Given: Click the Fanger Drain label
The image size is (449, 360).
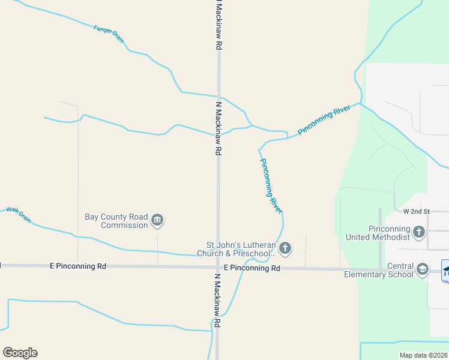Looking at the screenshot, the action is click(109, 33).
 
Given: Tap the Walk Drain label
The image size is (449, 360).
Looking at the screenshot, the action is click(18, 214).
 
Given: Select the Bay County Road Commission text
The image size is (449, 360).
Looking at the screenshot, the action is click(116, 221).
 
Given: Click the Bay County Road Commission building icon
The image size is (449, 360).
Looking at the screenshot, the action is click(157, 221).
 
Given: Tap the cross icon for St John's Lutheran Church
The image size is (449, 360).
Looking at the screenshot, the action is click(285, 248).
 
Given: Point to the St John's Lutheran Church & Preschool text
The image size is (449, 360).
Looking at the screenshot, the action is click(241, 249).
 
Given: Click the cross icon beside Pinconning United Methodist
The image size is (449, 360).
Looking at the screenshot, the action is click(419, 232).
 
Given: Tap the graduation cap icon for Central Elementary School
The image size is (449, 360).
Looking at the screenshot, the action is click(422, 269).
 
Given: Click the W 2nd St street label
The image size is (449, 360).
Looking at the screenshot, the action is click(417, 211).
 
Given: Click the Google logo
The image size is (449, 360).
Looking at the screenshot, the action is click(20, 353).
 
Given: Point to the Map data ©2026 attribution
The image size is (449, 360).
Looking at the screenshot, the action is click(424, 355).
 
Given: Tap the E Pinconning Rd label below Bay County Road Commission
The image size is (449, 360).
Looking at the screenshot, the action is click(77, 265).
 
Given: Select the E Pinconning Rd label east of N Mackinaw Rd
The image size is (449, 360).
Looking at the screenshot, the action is click(252, 268).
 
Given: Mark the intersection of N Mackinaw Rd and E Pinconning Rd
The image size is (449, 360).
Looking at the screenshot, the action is click(218, 267).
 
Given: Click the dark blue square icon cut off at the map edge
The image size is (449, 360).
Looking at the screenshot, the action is click(445, 270).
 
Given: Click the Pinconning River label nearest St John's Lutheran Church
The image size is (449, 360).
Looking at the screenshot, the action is click(271, 185).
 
